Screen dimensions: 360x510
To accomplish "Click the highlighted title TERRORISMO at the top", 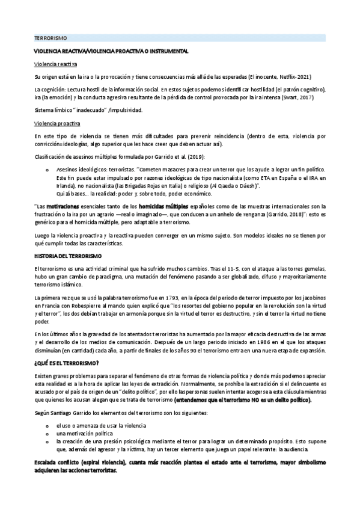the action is coord(50,38).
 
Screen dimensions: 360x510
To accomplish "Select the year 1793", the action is coord(171,297).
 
